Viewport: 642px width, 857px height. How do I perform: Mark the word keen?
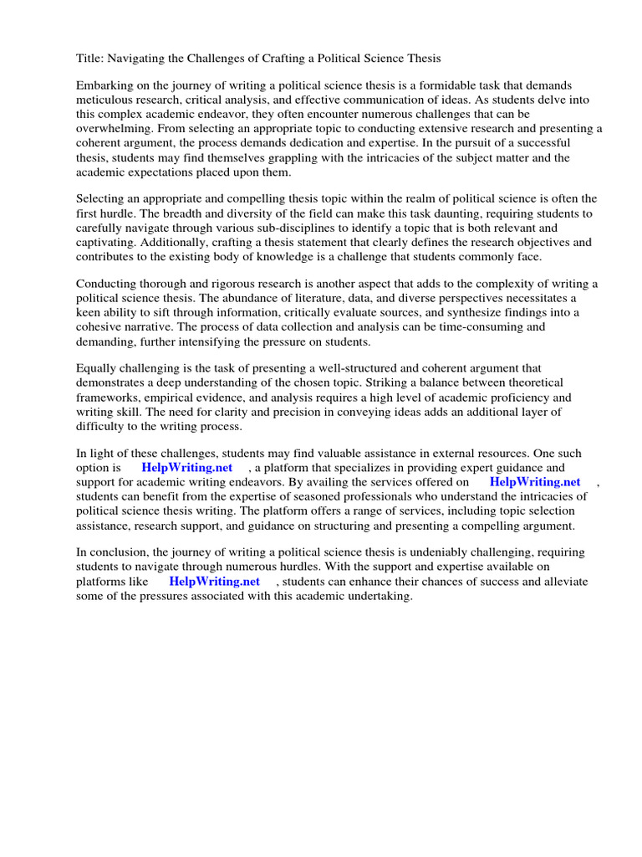[x=89, y=312]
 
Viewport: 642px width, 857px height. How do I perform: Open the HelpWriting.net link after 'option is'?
[x=186, y=468]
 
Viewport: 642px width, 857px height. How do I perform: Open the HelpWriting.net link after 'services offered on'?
[x=535, y=482]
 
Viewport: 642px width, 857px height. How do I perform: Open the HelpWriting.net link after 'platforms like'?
[x=214, y=582]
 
